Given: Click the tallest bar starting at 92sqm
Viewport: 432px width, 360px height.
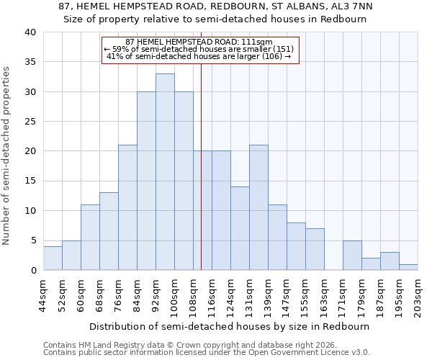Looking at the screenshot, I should point(165,172).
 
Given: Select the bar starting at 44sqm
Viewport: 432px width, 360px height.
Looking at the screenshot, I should point(53,258).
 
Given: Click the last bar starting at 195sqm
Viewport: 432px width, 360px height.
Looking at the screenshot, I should point(408,267).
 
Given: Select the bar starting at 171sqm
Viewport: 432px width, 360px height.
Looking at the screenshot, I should point(352,256).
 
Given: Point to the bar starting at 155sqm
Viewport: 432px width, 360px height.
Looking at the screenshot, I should point(315,249).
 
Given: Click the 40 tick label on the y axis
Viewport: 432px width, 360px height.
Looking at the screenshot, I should point(30,32).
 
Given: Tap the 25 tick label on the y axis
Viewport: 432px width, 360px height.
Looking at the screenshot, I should point(30,122).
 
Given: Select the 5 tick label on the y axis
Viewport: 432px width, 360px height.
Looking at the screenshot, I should point(32,240).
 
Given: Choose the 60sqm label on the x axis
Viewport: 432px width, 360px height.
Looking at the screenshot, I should point(81,292).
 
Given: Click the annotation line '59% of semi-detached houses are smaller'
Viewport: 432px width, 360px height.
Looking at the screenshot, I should point(199,49).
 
